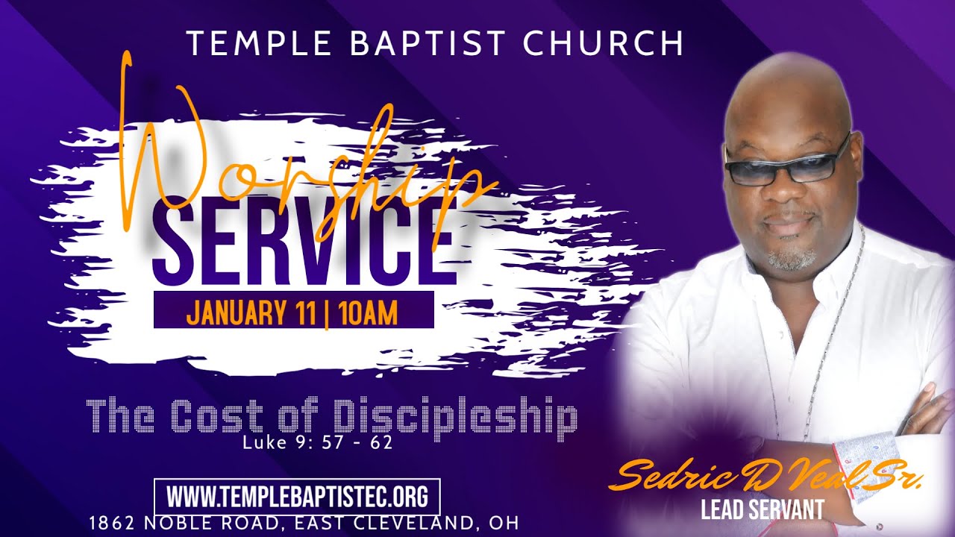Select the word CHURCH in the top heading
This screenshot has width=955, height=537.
coord(603,43)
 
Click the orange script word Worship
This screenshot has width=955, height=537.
coord(298,160)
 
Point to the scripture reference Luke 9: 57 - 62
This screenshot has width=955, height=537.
coord(317,443)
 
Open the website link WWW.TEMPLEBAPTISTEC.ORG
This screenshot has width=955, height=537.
coord(296,496)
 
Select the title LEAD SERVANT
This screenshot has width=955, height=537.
coord(763,510)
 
